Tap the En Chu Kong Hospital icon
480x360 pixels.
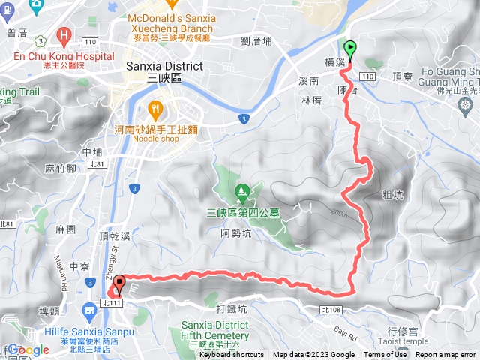pos(65,36)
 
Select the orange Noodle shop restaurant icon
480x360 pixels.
pos(155,108)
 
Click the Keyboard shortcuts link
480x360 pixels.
pos(231,355)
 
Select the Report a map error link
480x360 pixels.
pos(445,355)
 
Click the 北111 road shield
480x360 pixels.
pos(110,302)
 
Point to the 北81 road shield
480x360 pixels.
pos(7,223)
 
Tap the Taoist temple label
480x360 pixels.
pos(404,340)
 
